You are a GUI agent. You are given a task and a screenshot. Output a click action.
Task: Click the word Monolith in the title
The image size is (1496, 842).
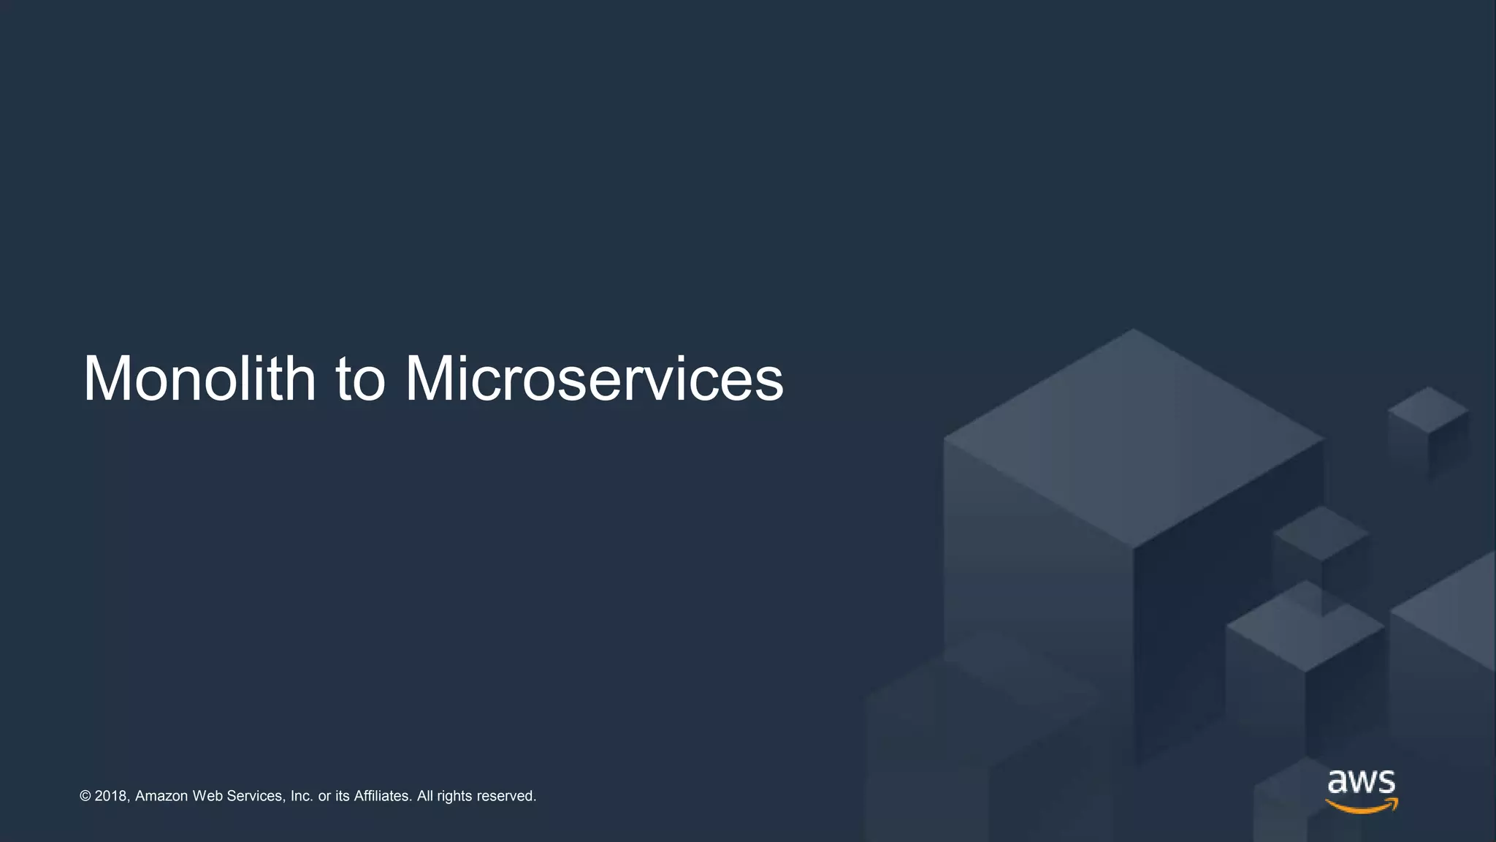click(x=199, y=379)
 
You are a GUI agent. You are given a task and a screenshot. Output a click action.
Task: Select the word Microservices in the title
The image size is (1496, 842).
click(x=594, y=379)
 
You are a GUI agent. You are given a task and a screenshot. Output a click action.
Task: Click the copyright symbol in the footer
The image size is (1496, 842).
click(x=85, y=796)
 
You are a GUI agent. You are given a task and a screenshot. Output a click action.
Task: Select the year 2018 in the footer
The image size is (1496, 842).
click(x=111, y=796)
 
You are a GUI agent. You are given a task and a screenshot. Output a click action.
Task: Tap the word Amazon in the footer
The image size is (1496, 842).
click(x=161, y=796)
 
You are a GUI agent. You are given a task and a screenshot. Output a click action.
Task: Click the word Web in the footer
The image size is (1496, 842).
click(x=207, y=796)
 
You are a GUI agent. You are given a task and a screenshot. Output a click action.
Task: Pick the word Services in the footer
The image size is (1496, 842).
click(x=255, y=796)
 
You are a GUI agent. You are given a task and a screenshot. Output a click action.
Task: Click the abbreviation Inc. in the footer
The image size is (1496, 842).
click(x=302, y=796)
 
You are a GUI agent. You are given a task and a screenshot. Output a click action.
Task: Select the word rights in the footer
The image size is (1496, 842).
click(x=454, y=796)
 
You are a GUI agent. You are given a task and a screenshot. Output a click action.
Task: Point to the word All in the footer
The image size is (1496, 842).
click(x=425, y=796)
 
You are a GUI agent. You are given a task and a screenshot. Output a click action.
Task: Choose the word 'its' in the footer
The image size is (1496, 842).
click(x=343, y=796)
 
